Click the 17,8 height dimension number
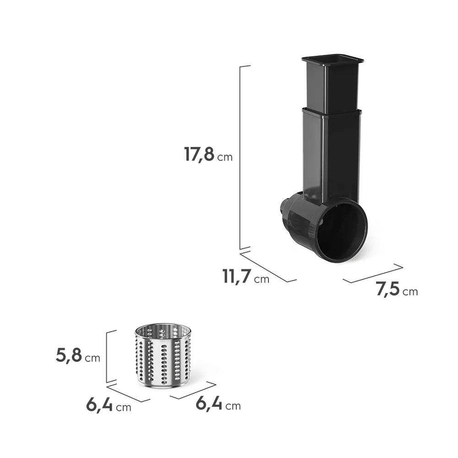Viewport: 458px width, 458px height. click(200, 154)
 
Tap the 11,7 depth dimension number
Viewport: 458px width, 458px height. click(237, 276)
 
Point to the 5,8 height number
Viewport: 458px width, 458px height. click(69, 355)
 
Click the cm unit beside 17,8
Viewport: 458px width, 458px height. click(225, 157)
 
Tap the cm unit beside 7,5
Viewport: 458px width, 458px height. click(410, 291)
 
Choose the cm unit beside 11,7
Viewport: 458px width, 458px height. click(262, 279)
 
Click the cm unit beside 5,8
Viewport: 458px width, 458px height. click(93, 358)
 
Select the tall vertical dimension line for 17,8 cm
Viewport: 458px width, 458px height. click(240, 158)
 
